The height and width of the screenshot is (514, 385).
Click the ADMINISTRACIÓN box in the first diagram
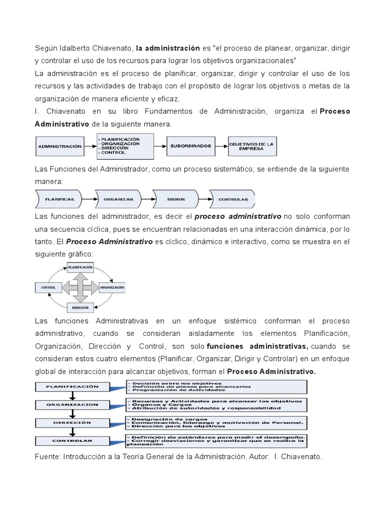60,146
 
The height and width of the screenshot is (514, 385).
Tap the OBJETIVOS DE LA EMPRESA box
252,146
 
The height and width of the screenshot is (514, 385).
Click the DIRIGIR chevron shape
176,199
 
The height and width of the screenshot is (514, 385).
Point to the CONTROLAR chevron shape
233,199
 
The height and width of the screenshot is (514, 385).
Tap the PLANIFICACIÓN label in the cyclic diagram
80,268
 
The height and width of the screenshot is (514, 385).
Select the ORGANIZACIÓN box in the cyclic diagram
112,288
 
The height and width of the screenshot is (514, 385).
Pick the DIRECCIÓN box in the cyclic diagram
80,307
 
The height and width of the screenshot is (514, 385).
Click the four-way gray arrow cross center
80,288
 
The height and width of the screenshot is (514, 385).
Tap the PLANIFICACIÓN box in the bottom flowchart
72,387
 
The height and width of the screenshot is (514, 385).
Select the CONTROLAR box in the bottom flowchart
72,441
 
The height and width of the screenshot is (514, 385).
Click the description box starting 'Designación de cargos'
216,422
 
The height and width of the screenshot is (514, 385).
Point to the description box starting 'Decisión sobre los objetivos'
216,387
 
